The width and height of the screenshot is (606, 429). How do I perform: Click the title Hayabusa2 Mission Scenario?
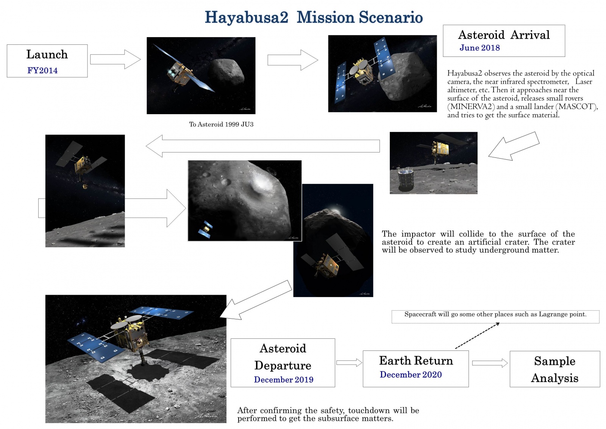[x=314, y=17]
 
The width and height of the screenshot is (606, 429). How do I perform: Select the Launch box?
[x=47, y=61]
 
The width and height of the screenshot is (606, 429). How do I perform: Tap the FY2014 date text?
[x=42, y=71]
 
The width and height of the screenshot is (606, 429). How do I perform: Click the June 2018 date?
[x=479, y=48]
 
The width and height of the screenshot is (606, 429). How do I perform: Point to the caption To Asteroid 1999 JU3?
[x=221, y=124]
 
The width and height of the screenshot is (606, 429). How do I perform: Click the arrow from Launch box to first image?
[x=115, y=60]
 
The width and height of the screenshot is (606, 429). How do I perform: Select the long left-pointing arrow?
[x=262, y=146]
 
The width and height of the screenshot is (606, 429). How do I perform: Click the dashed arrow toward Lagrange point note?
[x=477, y=335]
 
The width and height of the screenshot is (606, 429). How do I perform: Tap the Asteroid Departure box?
[x=283, y=362]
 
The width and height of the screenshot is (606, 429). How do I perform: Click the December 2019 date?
[x=284, y=380]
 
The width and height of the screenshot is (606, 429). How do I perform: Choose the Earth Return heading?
[x=416, y=360]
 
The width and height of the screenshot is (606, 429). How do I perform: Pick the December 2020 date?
[x=411, y=375]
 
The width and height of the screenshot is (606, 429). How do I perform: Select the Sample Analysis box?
[x=554, y=369]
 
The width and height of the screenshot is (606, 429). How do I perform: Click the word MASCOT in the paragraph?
[x=576, y=107]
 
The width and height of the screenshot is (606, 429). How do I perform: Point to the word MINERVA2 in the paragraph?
[x=471, y=107]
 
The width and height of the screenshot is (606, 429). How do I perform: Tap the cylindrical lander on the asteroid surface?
[x=406, y=179]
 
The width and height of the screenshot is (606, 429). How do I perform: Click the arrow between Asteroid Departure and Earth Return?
[x=349, y=363]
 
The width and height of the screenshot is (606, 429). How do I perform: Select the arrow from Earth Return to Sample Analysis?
[x=489, y=363]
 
